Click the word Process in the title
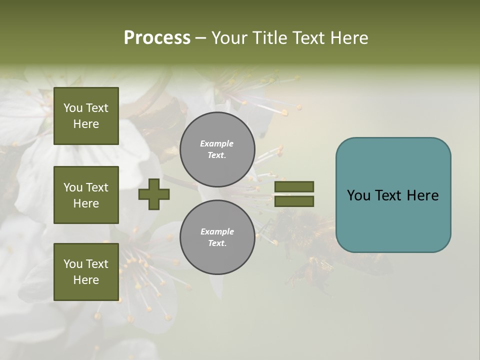click(x=157, y=38)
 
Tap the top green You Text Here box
click(x=86, y=116)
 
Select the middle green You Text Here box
click(x=86, y=195)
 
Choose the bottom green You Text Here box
click(x=86, y=272)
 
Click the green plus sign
click(x=154, y=194)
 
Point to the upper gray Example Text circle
click(x=217, y=149)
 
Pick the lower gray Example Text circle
click(x=217, y=237)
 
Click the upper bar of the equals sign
click(x=294, y=186)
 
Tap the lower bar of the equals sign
click(x=294, y=201)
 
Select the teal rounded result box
click(x=393, y=195)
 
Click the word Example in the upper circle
click(x=217, y=143)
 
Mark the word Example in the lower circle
click(x=217, y=231)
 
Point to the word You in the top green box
click(x=73, y=108)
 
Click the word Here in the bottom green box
click(x=86, y=280)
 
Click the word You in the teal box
click(x=358, y=195)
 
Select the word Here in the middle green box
click(x=86, y=203)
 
